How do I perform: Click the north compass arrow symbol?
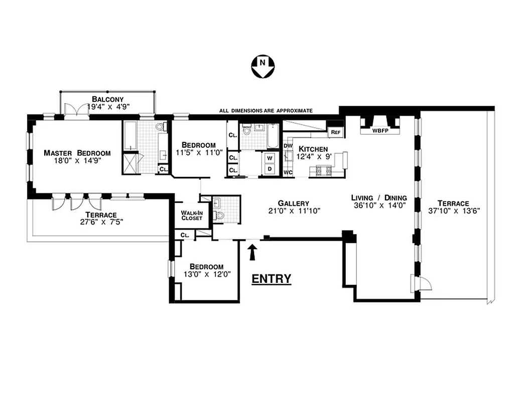tap(263, 67)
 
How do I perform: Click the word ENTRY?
tap(271, 279)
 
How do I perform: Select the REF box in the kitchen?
tap(335, 132)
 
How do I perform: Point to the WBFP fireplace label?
tap(380, 131)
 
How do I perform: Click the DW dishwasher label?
tap(288, 146)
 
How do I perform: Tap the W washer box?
tap(270, 158)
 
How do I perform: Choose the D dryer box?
tap(270, 169)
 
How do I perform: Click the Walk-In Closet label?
tap(191, 216)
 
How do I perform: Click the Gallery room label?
tap(295, 203)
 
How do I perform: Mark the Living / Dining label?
tap(378, 197)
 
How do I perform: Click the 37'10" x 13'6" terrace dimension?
tap(456, 211)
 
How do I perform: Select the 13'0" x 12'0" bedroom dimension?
tap(206, 274)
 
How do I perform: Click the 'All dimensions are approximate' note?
tap(266, 111)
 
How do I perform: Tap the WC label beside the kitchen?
tap(288, 172)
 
